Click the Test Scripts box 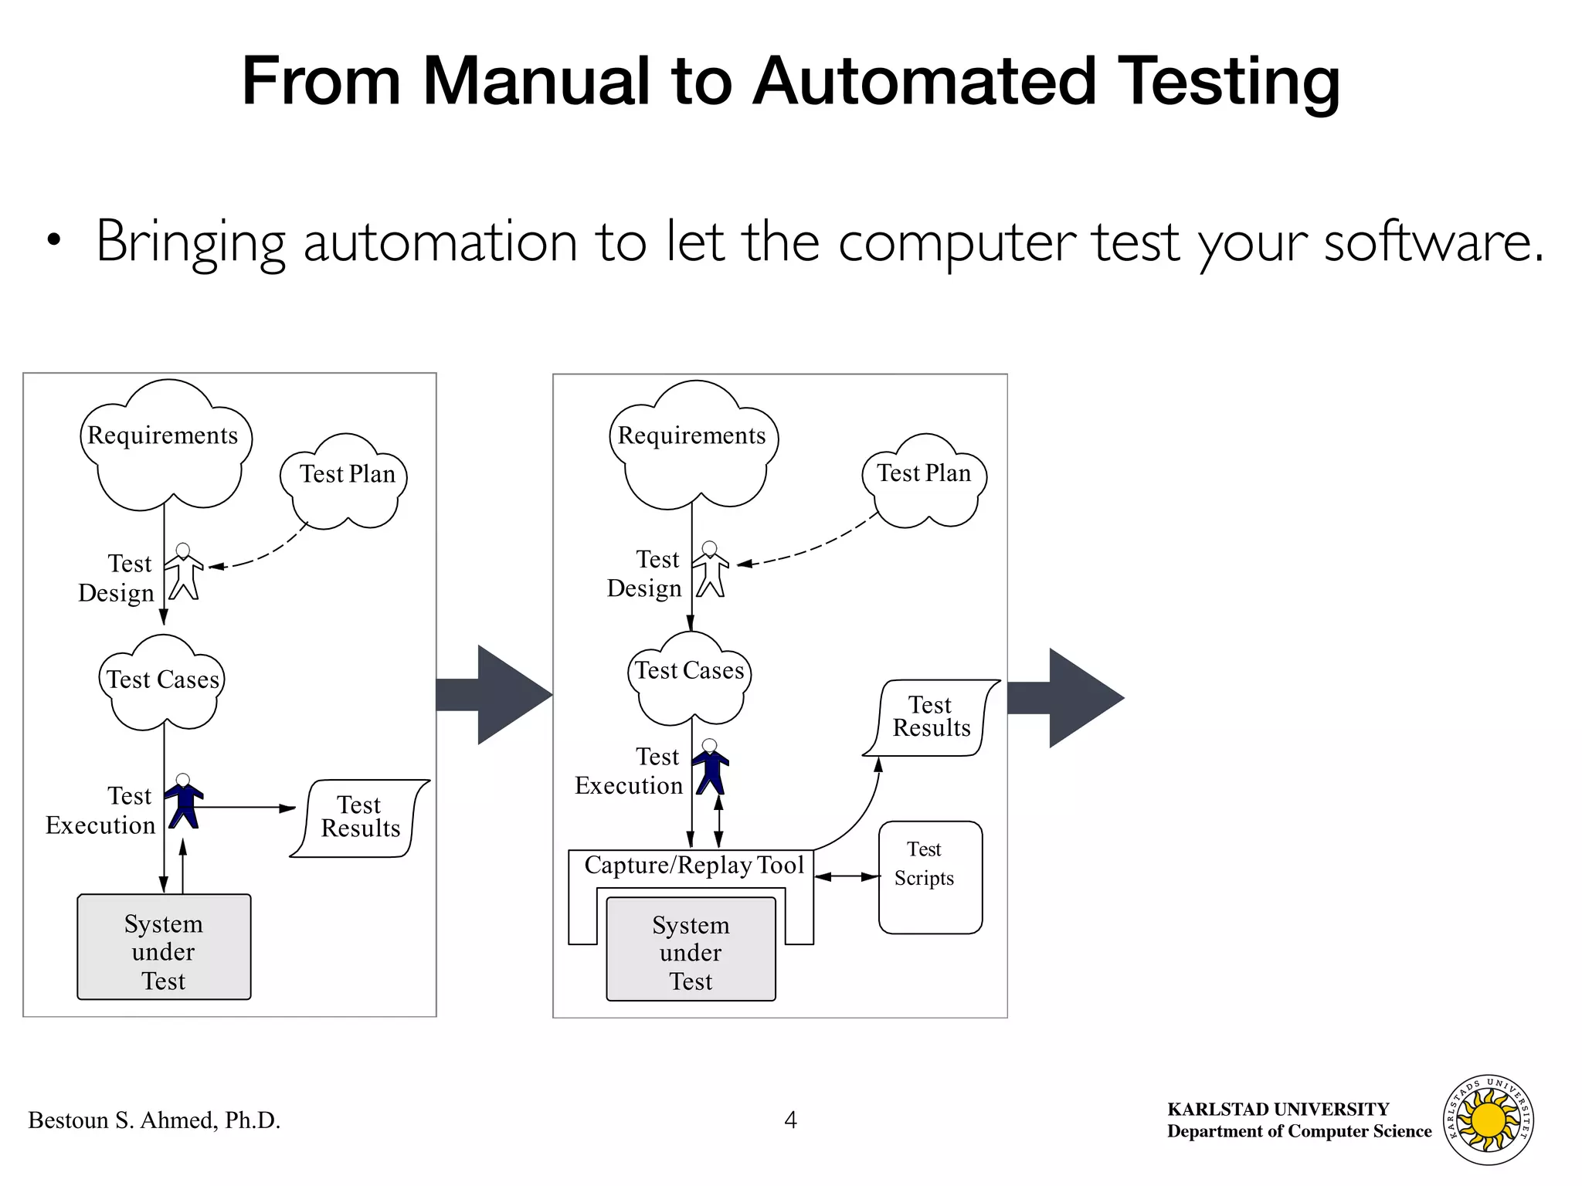pos(930,877)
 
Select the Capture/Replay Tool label pos(694,865)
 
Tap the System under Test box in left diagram pos(164,948)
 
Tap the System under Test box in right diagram pos(691,950)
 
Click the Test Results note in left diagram pos(360,818)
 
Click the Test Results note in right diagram pos(931,717)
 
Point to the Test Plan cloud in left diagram pos(346,480)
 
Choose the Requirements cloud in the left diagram pos(165,448)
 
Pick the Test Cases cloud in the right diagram pos(689,678)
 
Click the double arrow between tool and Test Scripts pos(847,876)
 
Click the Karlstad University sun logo pos(1488,1120)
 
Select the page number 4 pos(790,1120)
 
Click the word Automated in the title pos(924,81)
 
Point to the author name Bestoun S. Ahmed pos(154,1120)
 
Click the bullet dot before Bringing pos(53,241)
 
